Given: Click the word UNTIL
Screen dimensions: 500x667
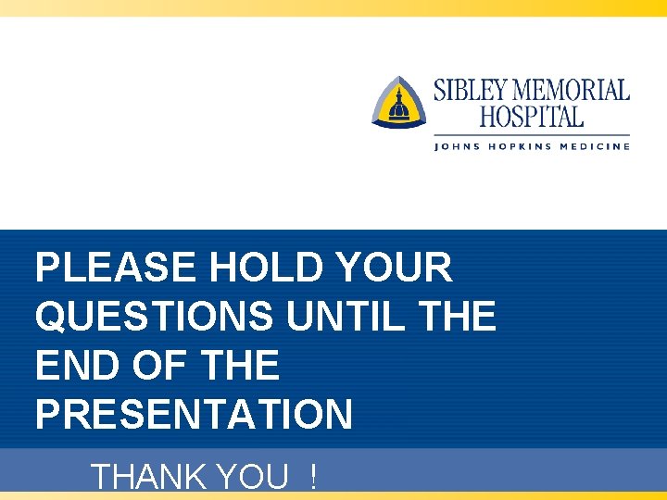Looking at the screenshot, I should coord(346,318).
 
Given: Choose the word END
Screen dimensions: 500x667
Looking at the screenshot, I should coord(77,366).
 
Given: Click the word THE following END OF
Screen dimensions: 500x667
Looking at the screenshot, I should coord(239,366).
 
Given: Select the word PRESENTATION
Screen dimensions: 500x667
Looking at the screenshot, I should coord(194,415).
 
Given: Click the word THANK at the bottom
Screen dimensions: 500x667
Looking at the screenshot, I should coord(149,478).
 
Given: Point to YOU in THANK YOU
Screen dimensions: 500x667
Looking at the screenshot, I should coord(252,478).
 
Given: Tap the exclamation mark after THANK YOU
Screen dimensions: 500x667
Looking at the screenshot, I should coord(315,478).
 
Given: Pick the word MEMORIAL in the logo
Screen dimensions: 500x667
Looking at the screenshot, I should coord(572,91).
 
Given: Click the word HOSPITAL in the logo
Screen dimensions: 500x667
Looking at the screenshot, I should coord(532,118).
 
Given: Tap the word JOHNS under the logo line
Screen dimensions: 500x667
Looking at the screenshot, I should coord(458,146).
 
